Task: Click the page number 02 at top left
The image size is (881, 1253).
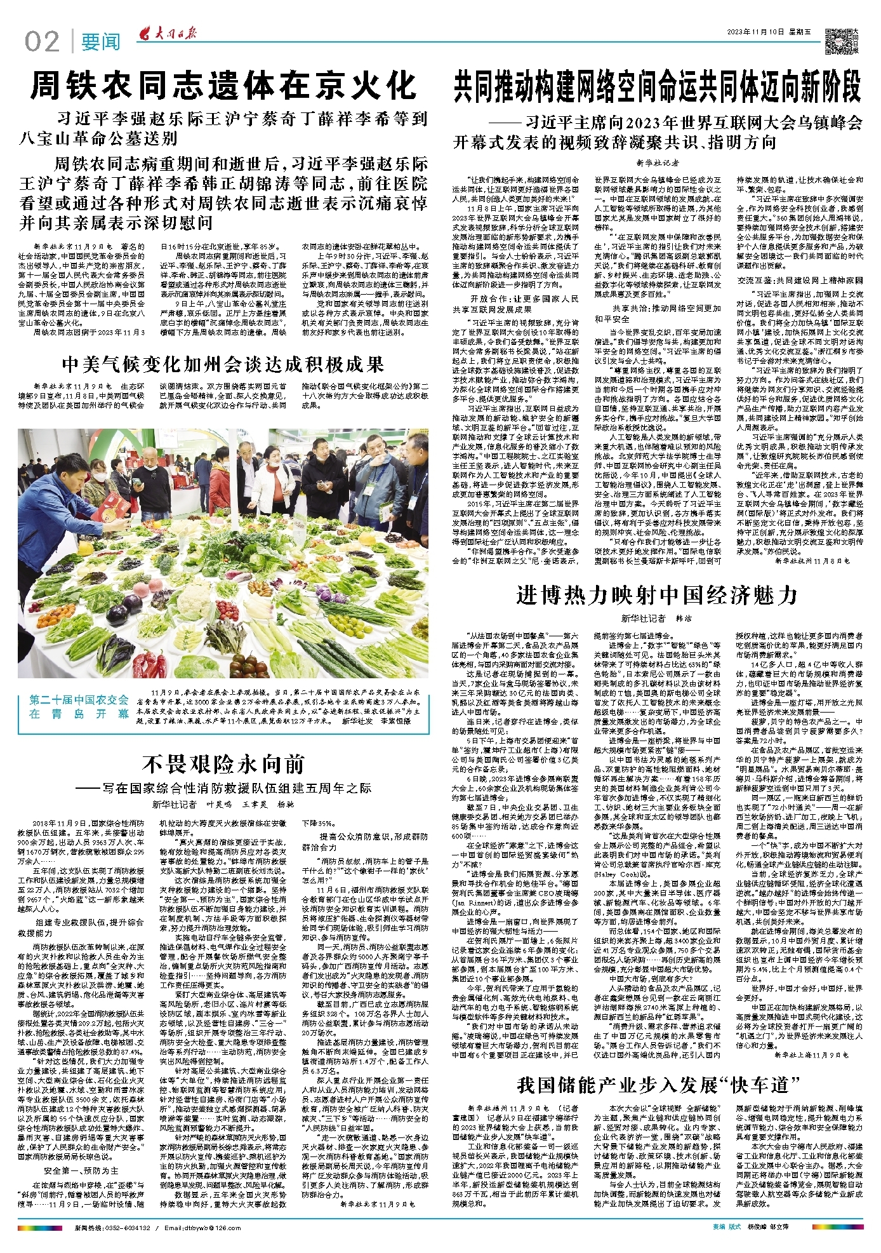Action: click(42, 42)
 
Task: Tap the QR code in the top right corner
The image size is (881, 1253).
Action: click(837, 41)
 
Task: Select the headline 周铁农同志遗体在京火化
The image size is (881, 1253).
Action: click(223, 86)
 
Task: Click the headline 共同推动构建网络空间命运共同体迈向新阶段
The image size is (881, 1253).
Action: click(658, 87)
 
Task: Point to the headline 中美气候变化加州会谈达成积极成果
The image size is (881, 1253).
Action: click(223, 364)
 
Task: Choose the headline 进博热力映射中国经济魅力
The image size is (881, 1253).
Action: click(657, 595)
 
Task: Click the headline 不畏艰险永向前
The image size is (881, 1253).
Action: click(223, 764)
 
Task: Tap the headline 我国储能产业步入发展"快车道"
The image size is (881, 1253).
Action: click(657, 1084)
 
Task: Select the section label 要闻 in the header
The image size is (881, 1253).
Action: click(100, 43)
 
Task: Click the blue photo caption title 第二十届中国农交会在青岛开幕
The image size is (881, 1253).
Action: click(79, 706)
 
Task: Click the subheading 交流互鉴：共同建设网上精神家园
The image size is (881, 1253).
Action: click(800, 280)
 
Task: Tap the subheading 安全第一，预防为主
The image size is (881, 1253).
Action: click(81, 1170)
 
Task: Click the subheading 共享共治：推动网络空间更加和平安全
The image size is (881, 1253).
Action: click(658, 313)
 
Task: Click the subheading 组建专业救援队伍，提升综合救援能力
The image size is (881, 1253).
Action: click(81, 927)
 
